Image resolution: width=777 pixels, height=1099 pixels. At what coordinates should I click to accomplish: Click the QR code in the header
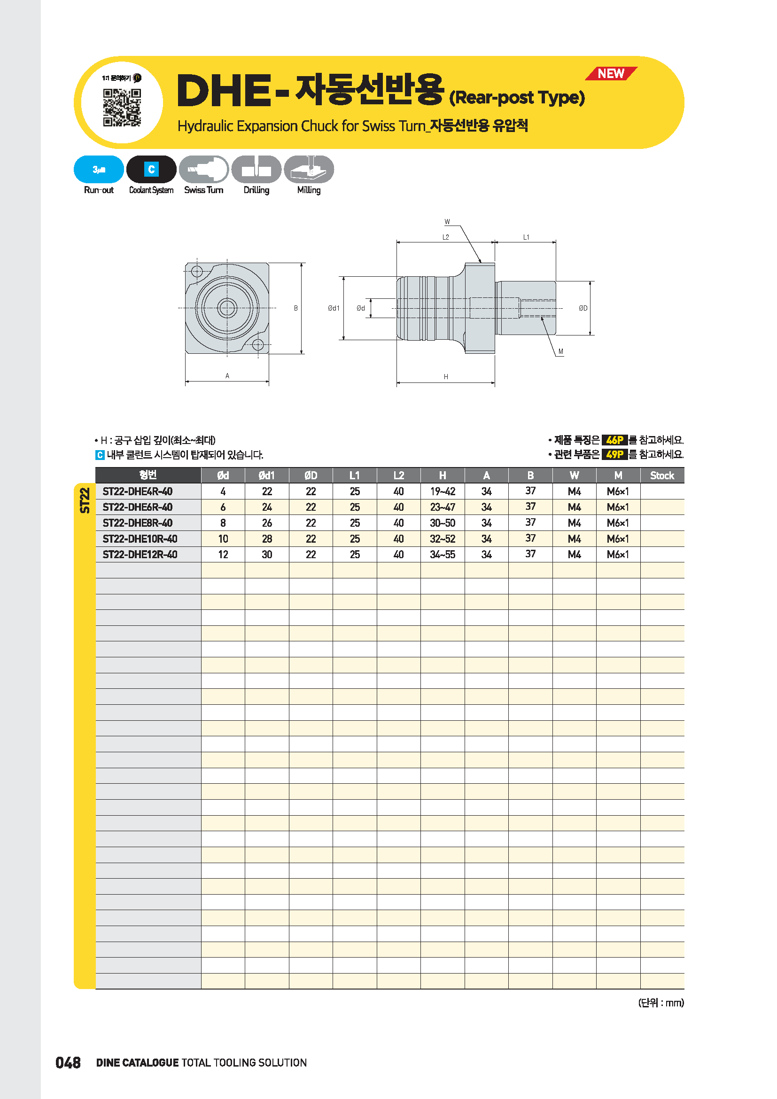pos(122,108)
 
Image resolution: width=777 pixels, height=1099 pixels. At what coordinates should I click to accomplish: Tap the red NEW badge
pos(611,73)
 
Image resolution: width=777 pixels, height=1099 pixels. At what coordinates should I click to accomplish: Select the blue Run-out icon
pos(99,169)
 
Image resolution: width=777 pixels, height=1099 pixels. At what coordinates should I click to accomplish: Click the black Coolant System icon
pos(151,169)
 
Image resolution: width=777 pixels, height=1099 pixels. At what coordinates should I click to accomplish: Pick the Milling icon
pos(309,169)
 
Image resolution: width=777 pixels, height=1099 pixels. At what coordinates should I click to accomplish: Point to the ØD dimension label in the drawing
pos(583,308)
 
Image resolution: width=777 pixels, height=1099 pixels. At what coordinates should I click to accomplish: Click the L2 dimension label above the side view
pos(445,237)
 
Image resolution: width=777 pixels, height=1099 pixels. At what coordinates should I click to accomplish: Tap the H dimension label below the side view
pos(446,377)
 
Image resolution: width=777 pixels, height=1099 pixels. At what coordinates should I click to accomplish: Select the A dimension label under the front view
pos(227,376)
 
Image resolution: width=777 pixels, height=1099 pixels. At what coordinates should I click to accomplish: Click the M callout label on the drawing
pos(561,351)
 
